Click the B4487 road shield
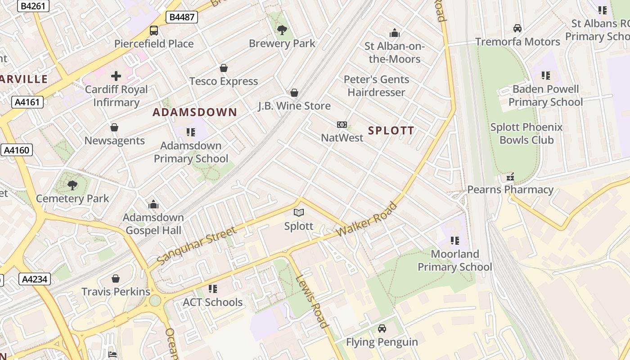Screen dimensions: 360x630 click(182, 17)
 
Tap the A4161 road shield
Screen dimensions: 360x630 click(27, 102)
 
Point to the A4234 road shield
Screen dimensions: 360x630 click(35, 279)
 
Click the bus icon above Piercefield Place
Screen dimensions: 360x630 click(154, 31)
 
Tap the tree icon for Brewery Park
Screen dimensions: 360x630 click(282, 30)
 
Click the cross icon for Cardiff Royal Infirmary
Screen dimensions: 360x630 click(116, 76)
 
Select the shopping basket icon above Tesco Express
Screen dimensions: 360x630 click(224, 68)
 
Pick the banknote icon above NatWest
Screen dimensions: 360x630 click(342, 125)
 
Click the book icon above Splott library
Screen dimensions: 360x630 click(299, 212)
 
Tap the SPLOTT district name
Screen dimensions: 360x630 click(391, 130)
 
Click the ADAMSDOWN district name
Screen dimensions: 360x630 click(195, 112)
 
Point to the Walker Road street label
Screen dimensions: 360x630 click(367, 220)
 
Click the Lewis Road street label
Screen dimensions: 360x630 click(311, 300)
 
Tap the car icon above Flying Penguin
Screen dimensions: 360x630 click(382, 329)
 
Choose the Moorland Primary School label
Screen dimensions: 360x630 click(455, 261)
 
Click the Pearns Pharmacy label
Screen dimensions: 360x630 click(510, 189)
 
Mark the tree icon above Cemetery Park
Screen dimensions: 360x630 click(72, 185)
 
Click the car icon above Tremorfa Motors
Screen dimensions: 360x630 click(517, 28)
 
